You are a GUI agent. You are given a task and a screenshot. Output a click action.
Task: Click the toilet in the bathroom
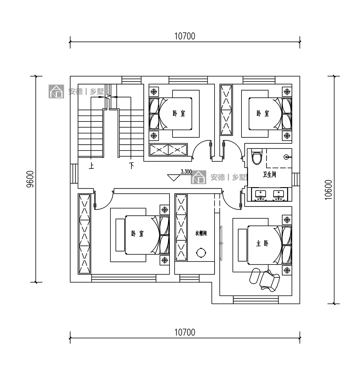[x=256, y=157]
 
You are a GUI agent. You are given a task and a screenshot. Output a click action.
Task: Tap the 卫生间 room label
[x=269, y=175]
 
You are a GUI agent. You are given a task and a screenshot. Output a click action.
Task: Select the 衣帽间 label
[x=201, y=233]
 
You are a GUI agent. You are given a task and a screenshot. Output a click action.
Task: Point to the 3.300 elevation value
[x=186, y=172]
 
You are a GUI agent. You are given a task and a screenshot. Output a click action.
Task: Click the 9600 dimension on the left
[x=30, y=179]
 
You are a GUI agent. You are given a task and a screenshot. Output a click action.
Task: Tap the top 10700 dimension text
[x=184, y=36]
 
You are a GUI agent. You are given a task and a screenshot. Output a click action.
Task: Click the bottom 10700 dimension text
[x=184, y=332]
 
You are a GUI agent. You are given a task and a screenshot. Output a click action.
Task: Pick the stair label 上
[x=91, y=166]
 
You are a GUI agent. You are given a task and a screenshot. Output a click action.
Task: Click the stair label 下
[x=131, y=166]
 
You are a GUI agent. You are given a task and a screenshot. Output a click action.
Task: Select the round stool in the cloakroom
[x=201, y=253]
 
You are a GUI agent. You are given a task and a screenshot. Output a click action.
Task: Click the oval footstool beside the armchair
[x=255, y=276]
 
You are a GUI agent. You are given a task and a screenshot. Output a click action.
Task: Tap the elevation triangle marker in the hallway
[x=173, y=178]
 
